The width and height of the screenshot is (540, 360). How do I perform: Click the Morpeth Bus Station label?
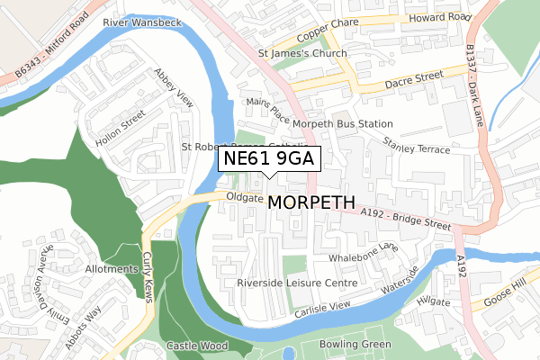coord(342,123)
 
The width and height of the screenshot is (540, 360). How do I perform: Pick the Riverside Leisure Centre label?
coord(297,283)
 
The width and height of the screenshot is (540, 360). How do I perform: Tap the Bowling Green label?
coord(358,345)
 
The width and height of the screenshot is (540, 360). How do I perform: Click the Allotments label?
coord(112,269)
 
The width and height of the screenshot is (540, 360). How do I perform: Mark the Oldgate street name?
coord(243,196)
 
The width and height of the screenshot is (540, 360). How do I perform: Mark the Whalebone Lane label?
coord(364,251)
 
